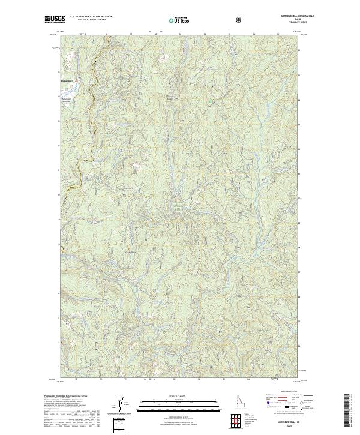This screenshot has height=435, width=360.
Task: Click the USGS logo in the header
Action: pyautogui.click(x=55, y=20)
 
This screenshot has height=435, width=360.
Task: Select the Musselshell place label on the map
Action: pyautogui.click(x=67, y=80)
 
